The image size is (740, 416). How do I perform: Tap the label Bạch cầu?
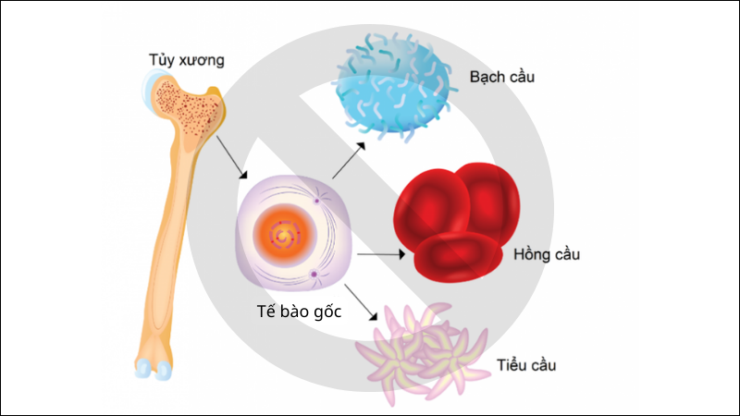point(501,76)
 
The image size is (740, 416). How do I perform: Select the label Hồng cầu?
point(546,254)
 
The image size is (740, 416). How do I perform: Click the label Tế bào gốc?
point(299,312)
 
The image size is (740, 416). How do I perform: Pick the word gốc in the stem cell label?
point(326,312)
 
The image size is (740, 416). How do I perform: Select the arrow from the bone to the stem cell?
point(232,159)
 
